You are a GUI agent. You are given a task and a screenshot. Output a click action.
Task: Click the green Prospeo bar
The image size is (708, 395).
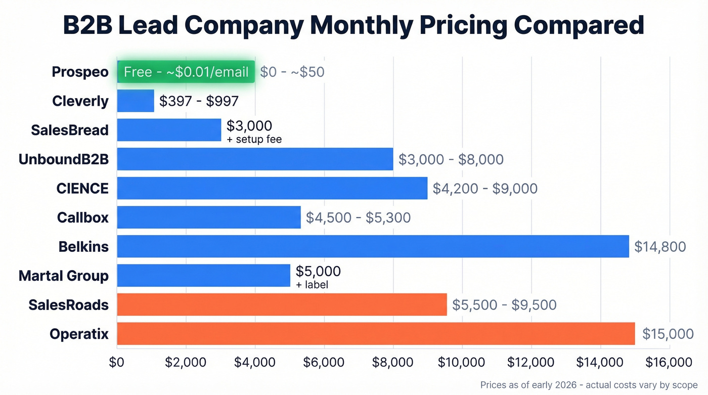186,72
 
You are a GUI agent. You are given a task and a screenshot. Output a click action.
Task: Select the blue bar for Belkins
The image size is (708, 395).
373,246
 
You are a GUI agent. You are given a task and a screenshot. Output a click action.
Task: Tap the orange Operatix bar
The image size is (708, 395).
375,334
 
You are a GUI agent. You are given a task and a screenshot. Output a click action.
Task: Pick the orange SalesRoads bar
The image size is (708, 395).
282,304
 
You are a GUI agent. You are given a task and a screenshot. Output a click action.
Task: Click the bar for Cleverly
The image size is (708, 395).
136,101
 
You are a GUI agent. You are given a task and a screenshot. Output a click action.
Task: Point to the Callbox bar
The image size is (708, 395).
208,217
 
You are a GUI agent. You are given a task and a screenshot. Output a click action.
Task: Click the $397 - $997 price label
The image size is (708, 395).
199,101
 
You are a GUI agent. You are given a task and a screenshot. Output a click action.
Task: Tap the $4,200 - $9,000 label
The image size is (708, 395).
485,189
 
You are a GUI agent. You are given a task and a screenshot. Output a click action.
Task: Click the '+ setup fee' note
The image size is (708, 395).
254,139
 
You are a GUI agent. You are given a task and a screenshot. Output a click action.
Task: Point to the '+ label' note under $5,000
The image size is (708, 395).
312,285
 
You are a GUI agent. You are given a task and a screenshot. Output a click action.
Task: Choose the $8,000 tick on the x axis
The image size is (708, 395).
393,363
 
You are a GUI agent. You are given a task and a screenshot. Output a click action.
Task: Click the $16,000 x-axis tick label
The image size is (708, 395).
669,363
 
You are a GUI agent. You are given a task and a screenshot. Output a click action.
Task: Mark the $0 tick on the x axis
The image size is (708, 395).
117,363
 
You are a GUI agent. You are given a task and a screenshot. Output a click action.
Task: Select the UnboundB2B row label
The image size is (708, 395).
64,159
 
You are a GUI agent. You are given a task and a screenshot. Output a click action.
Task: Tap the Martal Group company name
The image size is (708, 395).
64,276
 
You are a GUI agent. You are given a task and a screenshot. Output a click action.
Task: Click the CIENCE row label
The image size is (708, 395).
82,189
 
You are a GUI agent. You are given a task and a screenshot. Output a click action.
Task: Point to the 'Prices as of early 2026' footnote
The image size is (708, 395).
589,385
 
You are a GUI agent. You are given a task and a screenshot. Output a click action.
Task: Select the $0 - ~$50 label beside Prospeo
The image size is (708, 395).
292,72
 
